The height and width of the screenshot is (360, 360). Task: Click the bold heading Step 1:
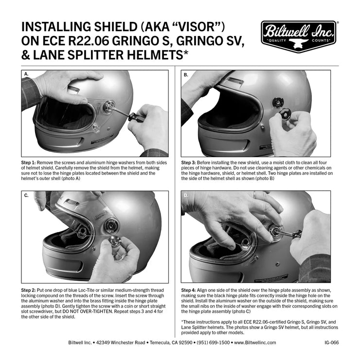(30, 161)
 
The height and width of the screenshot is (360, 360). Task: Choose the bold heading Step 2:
(30, 290)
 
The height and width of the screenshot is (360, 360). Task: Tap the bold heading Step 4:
(191, 290)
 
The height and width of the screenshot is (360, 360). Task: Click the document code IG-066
(331, 342)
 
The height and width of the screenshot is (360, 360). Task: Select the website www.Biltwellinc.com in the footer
(255, 342)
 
